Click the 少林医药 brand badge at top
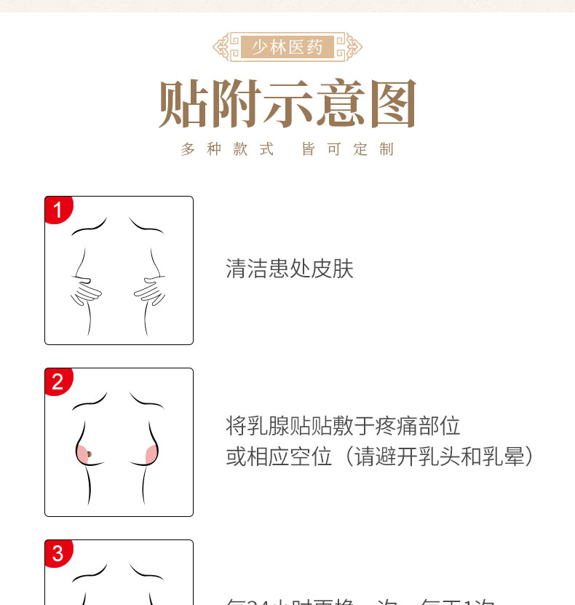(287, 47)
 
